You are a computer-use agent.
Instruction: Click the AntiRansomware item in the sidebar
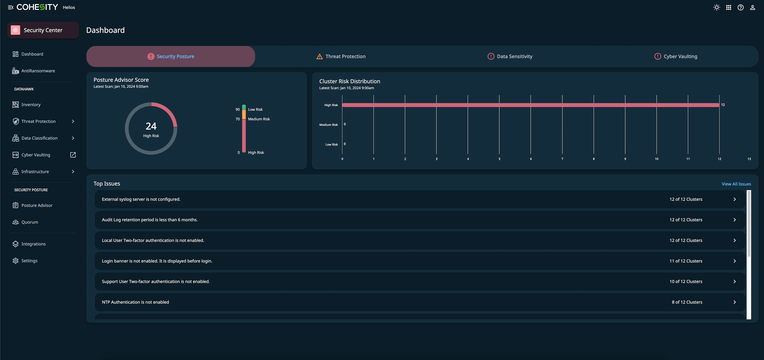click(38, 71)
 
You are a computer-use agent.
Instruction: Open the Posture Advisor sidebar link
click(37, 205)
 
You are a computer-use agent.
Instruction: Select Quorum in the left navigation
click(30, 222)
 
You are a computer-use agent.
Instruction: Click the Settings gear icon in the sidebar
click(16, 261)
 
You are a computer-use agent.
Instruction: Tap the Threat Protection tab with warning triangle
click(341, 56)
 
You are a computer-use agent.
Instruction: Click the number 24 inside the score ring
click(151, 126)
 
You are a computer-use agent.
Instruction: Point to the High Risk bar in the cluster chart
click(531, 105)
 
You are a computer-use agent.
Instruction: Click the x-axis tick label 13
click(749, 159)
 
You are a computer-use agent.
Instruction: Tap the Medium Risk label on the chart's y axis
click(328, 125)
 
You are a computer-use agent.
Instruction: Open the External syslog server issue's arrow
click(734, 199)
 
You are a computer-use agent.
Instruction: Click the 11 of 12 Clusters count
click(686, 261)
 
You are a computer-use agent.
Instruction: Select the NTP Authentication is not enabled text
click(135, 302)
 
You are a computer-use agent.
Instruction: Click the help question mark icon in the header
click(740, 7)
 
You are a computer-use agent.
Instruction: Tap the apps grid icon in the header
click(728, 7)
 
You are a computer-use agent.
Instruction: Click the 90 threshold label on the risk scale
click(238, 109)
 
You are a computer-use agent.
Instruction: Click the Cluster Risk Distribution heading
click(349, 81)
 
